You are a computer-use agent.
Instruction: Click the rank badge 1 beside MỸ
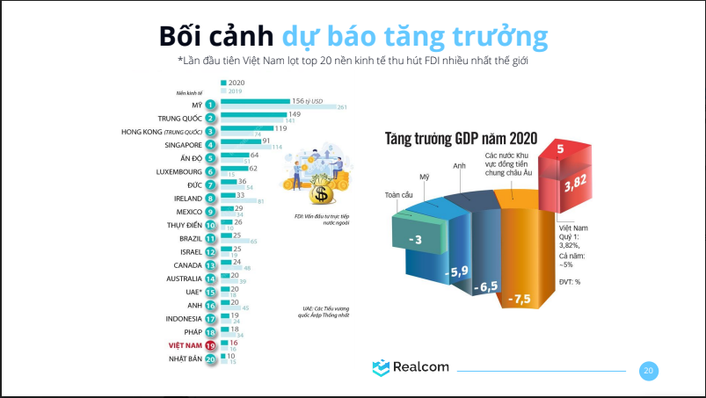pos(211,105)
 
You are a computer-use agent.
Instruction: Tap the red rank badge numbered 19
pos(211,346)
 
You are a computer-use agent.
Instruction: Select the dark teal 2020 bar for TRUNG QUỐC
pos(253,114)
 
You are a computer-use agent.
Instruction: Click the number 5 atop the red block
pos(560,149)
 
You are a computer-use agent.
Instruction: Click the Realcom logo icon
pos(381,368)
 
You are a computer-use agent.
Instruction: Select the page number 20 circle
pos(648,371)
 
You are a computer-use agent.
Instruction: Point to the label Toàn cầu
pos(400,195)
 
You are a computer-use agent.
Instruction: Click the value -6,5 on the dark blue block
pos(485,287)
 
